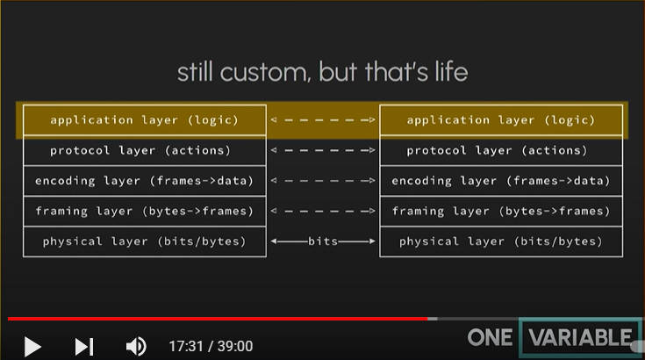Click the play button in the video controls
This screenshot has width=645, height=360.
tap(32, 347)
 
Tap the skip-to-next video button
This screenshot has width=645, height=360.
tap(84, 347)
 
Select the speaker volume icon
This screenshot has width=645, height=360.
tap(136, 347)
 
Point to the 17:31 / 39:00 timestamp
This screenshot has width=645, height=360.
tap(211, 347)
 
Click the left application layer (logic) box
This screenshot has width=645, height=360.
tap(145, 120)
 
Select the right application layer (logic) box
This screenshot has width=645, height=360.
tap(501, 120)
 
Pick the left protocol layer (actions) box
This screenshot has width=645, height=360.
tap(145, 150)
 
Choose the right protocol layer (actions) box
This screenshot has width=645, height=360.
tap(501, 150)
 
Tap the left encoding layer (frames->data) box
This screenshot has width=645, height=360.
tap(145, 181)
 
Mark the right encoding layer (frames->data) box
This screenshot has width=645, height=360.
tap(501, 181)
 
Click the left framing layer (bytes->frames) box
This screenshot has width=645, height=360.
tap(145, 211)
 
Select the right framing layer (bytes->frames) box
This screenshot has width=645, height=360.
tap(501, 211)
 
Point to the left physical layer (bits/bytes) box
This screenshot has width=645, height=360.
tap(145, 241)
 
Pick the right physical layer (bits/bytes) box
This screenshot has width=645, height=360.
tap(501, 241)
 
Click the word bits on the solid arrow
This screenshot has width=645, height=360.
tap(323, 241)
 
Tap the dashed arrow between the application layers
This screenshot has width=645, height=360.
tap(323, 120)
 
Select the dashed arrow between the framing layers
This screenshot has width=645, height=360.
tap(323, 211)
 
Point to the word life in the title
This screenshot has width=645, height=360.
tap(451, 72)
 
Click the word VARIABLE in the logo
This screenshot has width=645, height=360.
tap(580, 338)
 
